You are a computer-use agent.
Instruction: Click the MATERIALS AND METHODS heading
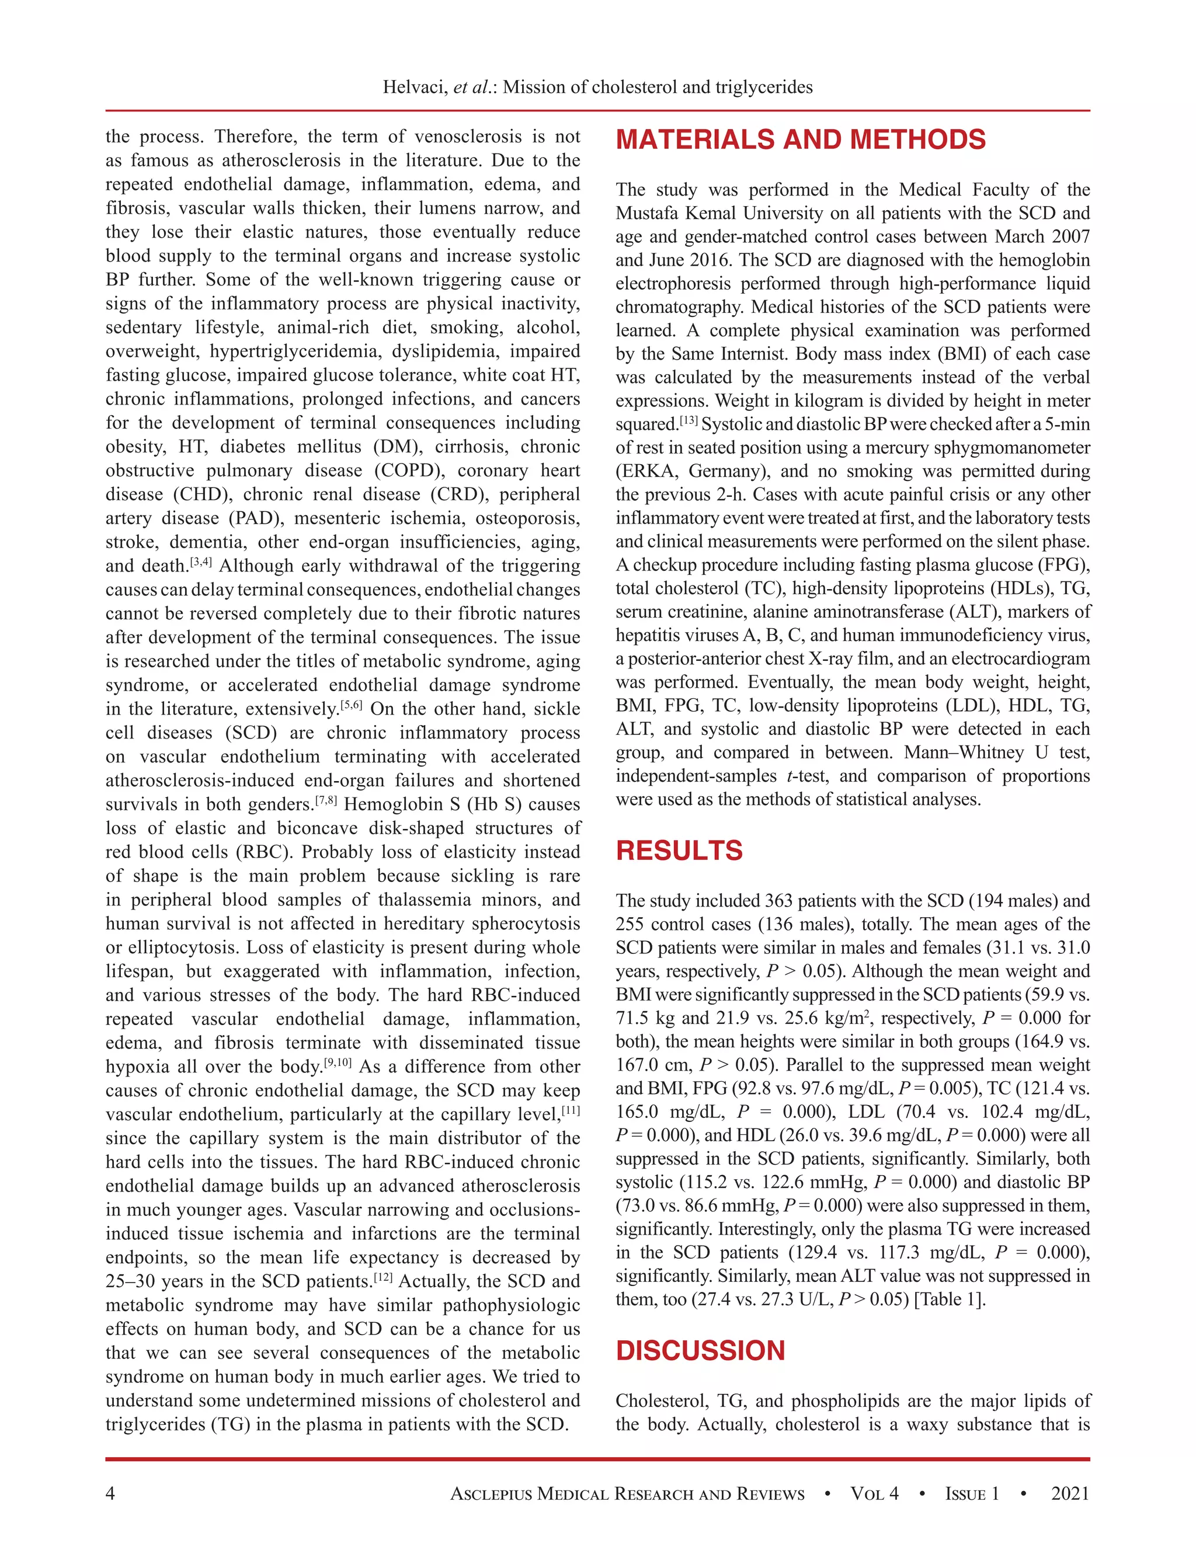coord(800,140)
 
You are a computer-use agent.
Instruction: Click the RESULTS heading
coord(679,851)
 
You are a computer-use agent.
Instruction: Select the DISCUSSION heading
coord(700,1351)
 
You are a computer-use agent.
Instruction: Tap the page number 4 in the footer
coord(110,1494)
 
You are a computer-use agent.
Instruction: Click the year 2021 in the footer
coord(1070,1494)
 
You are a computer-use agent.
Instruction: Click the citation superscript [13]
coord(689,421)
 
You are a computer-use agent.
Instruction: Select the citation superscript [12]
coord(383,1278)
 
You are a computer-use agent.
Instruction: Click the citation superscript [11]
coord(571,1112)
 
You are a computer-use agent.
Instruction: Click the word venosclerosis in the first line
coord(468,137)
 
